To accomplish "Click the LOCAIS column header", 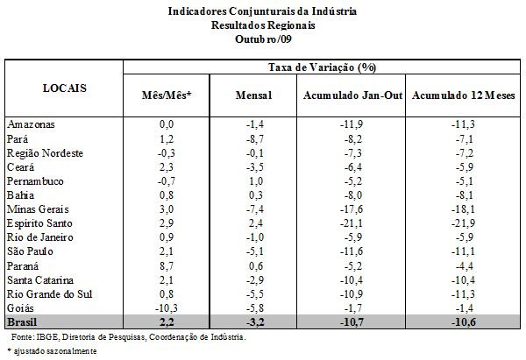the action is tap(65, 88).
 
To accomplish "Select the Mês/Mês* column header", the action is tap(167, 95).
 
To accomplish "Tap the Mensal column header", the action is tap(253, 95).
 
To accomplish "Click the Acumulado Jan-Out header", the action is tap(352, 95).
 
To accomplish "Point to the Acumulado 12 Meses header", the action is tap(463, 95).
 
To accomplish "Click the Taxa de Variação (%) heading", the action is tap(322, 67).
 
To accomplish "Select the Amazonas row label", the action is tap(31, 124).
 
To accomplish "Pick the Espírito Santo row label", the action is tap(39, 223).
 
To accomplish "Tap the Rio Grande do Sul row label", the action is tap(49, 294).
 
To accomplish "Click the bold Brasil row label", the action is tap(22, 322).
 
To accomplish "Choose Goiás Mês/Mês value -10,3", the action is tap(167, 308).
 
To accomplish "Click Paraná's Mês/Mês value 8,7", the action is tap(167, 266).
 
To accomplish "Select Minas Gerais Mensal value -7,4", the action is tap(254, 209).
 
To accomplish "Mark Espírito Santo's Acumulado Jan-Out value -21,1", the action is tap(352, 223).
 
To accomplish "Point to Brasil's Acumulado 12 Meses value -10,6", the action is tap(463, 322).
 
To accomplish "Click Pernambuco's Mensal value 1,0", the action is tap(256, 181).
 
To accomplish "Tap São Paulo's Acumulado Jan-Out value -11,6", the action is tap(352, 251).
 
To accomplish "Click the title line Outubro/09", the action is tap(263, 39).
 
